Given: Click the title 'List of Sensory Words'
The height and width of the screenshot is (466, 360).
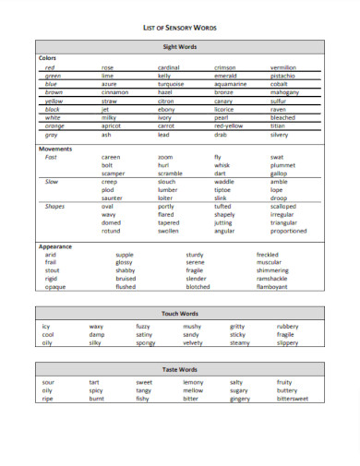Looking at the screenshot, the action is tap(181, 29).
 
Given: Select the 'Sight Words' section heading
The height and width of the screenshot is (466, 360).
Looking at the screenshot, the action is tap(180, 46).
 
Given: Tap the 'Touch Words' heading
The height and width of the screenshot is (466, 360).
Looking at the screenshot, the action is tap(180, 314).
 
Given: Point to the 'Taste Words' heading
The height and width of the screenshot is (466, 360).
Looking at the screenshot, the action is tap(180, 369).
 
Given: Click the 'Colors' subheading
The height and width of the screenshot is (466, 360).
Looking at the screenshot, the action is tap(47, 57).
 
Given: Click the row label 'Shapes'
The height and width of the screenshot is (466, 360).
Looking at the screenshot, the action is tap(54, 207).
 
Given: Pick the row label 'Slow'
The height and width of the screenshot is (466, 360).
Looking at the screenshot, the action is tap(52, 182).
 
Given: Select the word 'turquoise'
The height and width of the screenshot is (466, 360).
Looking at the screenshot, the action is tap(173, 84).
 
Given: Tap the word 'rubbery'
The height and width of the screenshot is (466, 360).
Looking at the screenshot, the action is tap(287, 327).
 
